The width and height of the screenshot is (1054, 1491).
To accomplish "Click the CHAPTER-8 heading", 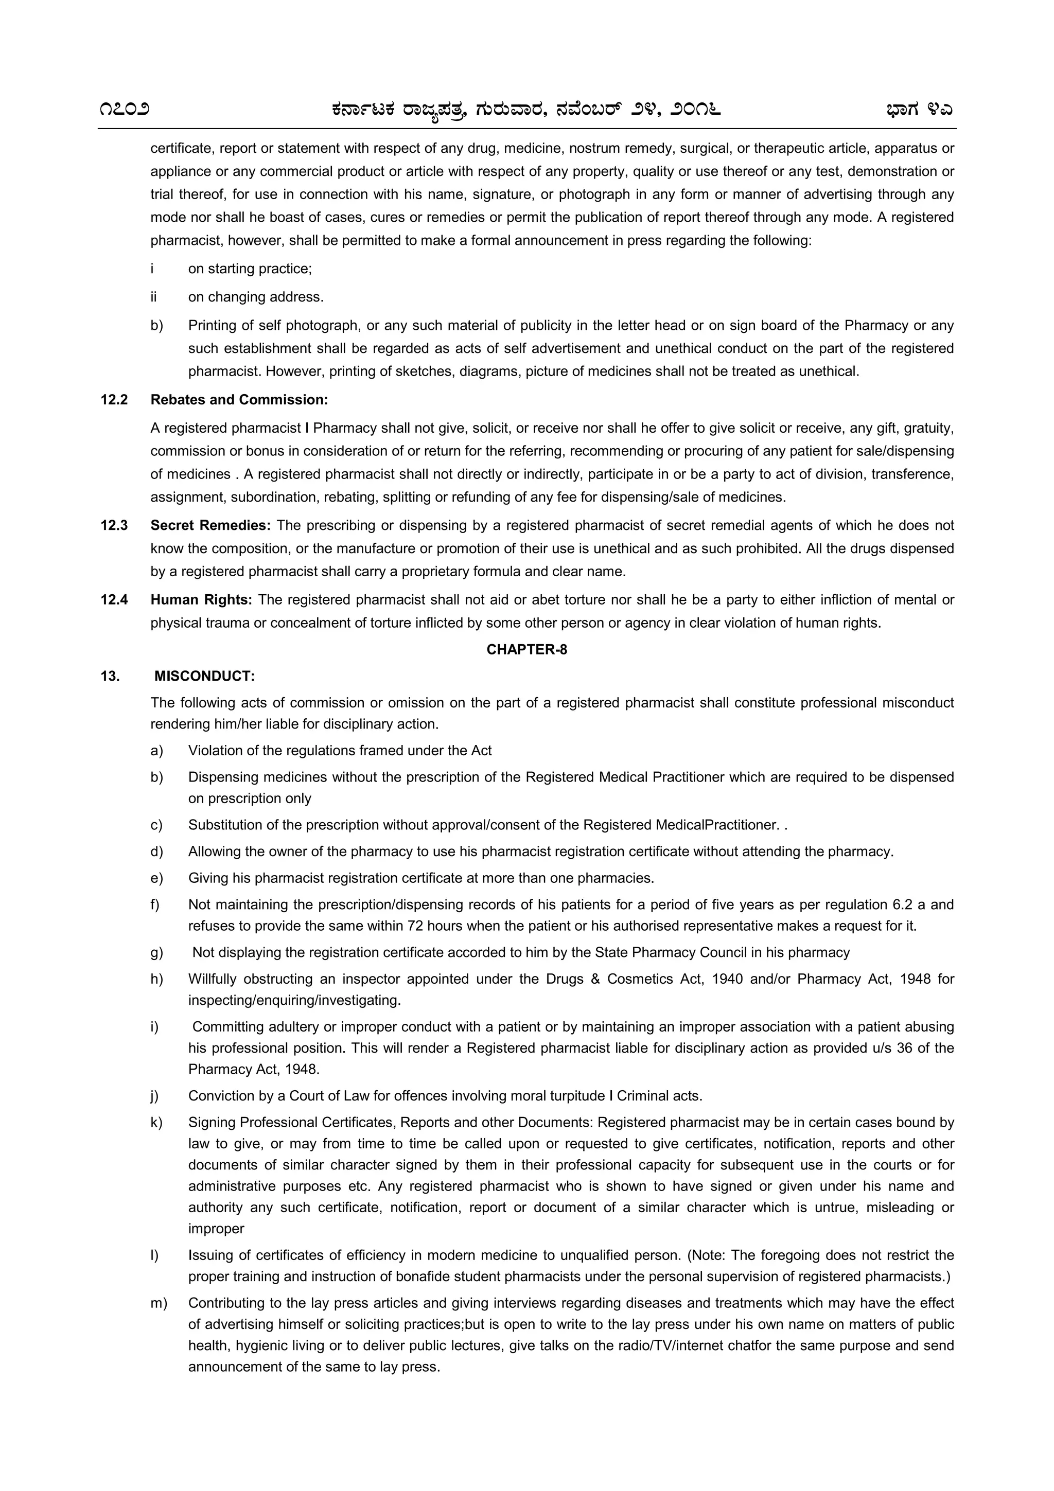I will (526, 649).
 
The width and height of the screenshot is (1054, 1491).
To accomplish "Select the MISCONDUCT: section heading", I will (204, 676).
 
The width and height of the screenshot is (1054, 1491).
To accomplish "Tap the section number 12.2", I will (114, 399).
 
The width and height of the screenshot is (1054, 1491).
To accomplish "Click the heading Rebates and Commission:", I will (239, 399).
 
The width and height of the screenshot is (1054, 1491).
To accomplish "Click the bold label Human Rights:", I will (201, 599).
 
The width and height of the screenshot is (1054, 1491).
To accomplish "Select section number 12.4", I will (114, 599).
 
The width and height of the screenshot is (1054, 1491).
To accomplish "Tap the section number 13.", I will (110, 676).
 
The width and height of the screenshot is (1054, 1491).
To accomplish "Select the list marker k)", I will (156, 1122).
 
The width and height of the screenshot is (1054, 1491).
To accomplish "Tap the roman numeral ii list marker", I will (154, 297).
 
